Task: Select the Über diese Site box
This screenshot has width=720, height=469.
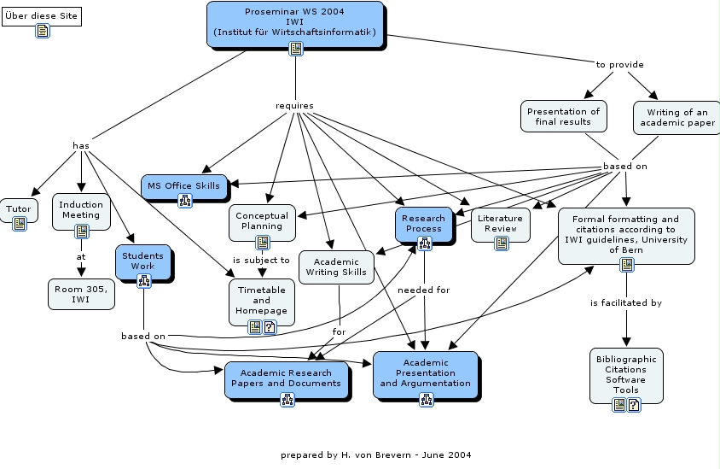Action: click(42, 16)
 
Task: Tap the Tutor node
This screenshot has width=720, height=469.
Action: click(19, 209)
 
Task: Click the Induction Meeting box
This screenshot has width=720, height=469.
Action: click(81, 210)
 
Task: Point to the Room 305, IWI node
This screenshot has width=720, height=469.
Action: click(81, 294)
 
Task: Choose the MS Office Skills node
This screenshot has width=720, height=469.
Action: click(183, 185)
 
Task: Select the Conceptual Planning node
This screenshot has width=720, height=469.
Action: click(262, 221)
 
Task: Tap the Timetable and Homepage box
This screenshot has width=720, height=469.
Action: click(262, 300)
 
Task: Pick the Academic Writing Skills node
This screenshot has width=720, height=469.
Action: click(337, 267)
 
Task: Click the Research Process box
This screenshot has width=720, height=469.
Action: click(424, 223)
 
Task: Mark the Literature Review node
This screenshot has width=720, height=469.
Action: click(500, 224)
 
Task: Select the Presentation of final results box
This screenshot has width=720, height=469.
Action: click(563, 116)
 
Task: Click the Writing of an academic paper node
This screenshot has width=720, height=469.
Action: click(677, 117)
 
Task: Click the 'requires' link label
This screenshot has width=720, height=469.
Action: click(294, 106)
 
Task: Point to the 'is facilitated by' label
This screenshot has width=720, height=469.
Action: click(626, 302)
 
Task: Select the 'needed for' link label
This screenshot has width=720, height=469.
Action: click(424, 290)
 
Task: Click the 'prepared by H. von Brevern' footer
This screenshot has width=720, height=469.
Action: click(375, 454)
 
